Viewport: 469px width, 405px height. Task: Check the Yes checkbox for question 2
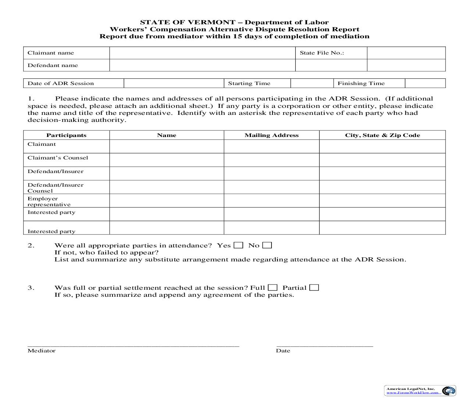pyautogui.click(x=238, y=245)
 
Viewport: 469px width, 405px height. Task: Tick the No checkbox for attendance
pyautogui.click(x=267, y=245)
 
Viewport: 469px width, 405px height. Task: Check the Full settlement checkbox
pyautogui.click(x=273, y=288)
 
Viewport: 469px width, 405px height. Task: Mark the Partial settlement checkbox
pyautogui.click(x=314, y=288)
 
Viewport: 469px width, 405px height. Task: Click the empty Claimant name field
pyautogui.click(x=202, y=53)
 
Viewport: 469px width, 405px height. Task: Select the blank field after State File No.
pyautogui.click(x=406, y=53)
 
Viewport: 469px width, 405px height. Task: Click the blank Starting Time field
pyautogui.click(x=312, y=83)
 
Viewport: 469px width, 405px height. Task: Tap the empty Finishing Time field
pyautogui.click(x=425, y=83)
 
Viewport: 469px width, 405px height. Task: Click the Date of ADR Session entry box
pyautogui.click(x=174, y=83)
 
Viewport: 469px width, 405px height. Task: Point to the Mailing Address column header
pyautogui.click(x=271, y=135)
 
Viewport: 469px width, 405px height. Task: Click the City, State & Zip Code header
pyautogui.click(x=382, y=135)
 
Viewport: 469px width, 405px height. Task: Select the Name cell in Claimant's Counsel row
pyautogui.click(x=167, y=160)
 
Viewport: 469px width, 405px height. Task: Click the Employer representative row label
pyautogui.click(x=49, y=201)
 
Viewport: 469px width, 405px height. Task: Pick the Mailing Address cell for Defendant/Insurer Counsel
pyautogui.click(x=271, y=187)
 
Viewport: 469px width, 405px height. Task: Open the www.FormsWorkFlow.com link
pyautogui.click(x=412, y=392)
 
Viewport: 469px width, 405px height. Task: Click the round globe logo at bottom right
pyautogui.click(x=448, y=391)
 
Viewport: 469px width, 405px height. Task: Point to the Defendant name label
pyautogui.click(x=53, y=66)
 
